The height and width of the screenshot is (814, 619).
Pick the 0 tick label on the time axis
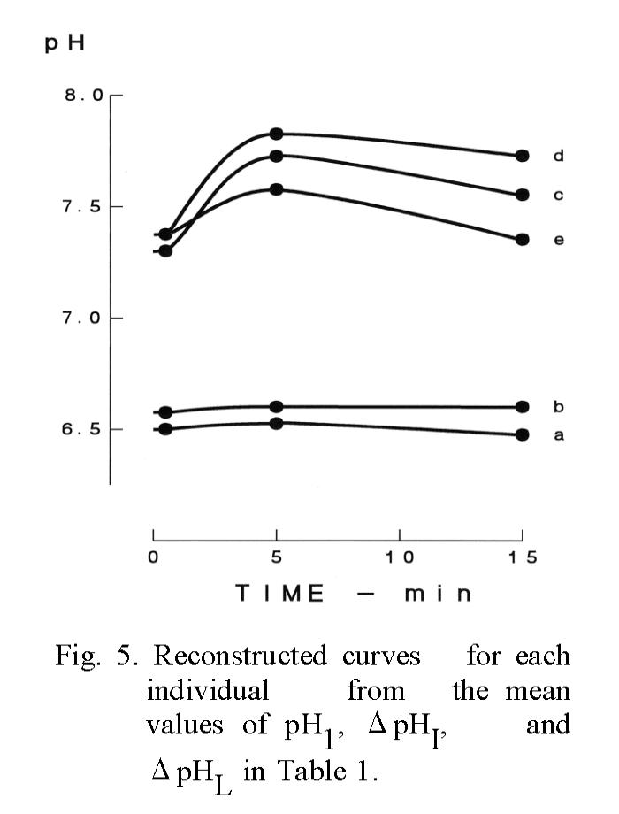[x=153, y=558]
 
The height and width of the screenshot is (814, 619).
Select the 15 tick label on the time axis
[x=521, y=558]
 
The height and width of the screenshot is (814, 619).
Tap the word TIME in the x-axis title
[x=280, y=594]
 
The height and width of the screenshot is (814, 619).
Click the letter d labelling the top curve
[x=558, y=156]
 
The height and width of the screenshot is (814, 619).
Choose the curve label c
[x=558, y=195]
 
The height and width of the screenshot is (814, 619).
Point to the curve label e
[x=558, y=240]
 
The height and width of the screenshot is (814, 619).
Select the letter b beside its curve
[x=558, y=407]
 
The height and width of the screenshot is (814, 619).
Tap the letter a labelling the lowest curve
[x=558, y=434]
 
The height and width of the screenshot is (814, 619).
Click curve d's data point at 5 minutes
[x=276, y=134]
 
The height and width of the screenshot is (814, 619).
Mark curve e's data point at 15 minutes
[x=522, y=239]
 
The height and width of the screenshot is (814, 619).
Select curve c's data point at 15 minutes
[x=522, y=195]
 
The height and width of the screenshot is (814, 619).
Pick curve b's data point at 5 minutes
[x=276, y=407]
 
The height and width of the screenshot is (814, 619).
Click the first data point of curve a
[x=165, y=429]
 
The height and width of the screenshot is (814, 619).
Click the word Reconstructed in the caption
[x=241, y=657]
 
